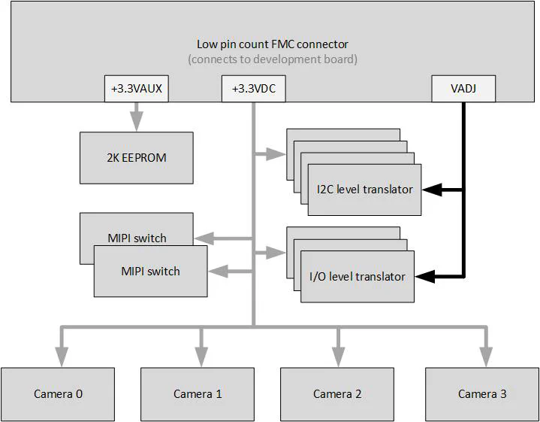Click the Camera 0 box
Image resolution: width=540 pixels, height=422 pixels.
(58, 393)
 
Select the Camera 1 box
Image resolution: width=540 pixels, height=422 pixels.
(198, 393)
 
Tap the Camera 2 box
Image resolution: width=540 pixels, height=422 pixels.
(337, 393)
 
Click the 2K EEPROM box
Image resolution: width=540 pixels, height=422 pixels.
(136, 158)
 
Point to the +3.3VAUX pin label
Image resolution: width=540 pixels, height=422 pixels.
(136, 89)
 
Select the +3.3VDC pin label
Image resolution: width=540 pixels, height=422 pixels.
(253, 89)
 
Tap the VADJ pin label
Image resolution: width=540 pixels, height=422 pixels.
(463, 89)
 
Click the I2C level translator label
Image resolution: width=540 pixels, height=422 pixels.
(364, 190)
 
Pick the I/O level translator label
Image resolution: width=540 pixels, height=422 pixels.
(357, 277)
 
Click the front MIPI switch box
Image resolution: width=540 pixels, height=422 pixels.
(150, 271)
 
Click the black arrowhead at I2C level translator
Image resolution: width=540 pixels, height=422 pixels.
(431, 190)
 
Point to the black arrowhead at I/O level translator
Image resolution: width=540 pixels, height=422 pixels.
(425, 277)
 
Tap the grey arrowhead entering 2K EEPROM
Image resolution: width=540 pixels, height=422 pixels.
(136, 123)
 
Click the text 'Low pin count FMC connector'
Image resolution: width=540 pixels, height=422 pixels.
(272, 44)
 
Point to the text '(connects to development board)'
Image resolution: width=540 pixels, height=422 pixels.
(272, 59)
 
